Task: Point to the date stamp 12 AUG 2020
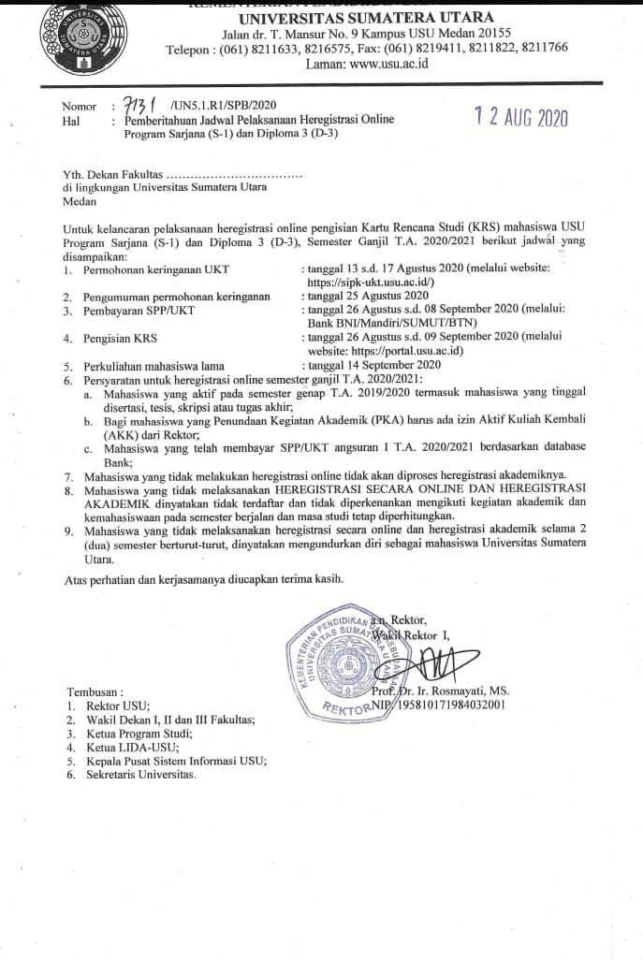point(520,118)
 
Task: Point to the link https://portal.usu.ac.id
point(407,351)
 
